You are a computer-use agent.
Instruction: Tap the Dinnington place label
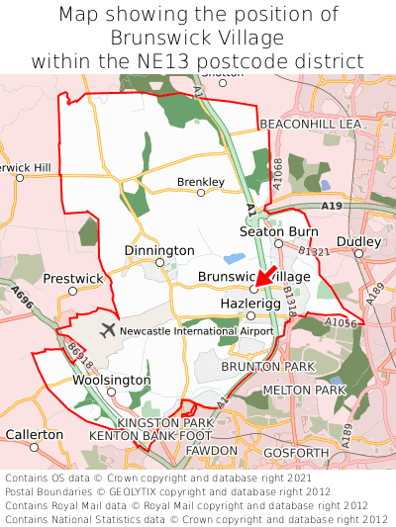[x=159, y=251]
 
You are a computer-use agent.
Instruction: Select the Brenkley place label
[x=201, y=182]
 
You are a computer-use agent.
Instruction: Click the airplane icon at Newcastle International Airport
[x=108, y=330]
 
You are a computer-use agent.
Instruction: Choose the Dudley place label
[x=358, y=241]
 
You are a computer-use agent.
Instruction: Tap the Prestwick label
[x=72, y=279]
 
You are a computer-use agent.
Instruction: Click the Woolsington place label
[x=112, y=381]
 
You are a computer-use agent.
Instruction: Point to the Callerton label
[x=35, y=434]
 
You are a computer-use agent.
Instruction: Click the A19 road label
[x=332, y=206]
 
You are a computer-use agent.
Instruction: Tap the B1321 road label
[x=315, y=253]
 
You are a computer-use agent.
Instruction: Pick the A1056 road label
[x=341, y=323]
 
